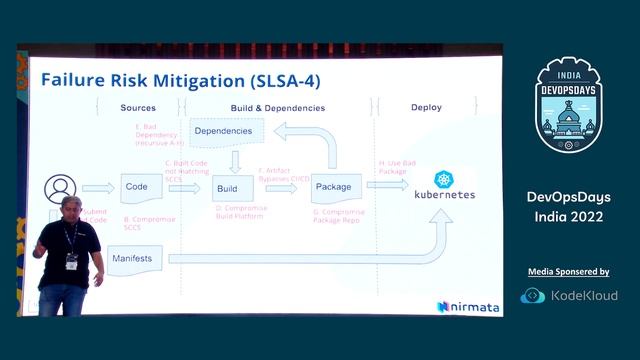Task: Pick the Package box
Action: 332,186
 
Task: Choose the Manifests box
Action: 132,258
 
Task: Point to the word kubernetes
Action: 444,197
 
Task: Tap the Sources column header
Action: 138,107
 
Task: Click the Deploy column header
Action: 427,107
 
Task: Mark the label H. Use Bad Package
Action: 395,167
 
